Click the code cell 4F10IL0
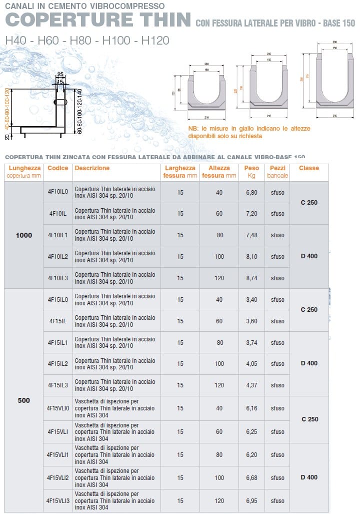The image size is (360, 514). coord(58,192)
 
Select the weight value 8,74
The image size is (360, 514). coord(252,278)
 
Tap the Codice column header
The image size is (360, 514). coord(58,169)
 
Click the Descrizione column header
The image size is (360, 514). coord(92,169)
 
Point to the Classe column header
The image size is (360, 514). coord(309,169)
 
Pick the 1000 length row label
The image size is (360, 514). coord(24,235)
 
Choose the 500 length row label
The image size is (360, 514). coord(24,400)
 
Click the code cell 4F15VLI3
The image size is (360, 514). coord(58,500)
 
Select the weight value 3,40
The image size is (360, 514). coord(252,300)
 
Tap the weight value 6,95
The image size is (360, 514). coord(252,500)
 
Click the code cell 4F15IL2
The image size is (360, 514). coord(58,364)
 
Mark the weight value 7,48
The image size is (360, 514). coord(252,235)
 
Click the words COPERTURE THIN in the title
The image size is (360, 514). coord(98,20)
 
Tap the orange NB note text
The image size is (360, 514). coord(249,132)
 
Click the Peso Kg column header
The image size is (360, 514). coord(252,172)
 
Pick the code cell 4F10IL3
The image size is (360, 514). coord(58,278)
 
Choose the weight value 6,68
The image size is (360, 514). coord(252,477)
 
